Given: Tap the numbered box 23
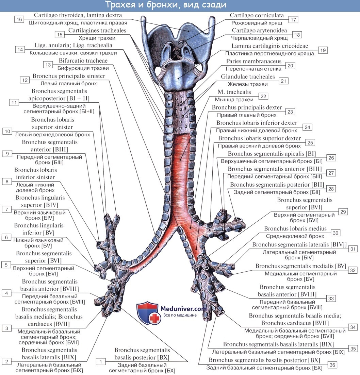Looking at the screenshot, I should pos(290,112).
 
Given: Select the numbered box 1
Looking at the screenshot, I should pos(100,362).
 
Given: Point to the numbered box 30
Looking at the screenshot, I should pos(336,233).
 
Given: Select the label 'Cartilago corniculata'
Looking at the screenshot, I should pos(257,16).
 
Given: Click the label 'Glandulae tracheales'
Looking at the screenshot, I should pos(248,77).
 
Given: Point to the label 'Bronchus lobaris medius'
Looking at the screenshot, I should pos(295,229).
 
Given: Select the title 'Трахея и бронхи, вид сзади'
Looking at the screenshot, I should pos(165,5).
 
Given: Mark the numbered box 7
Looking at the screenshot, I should pos(6,209).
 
